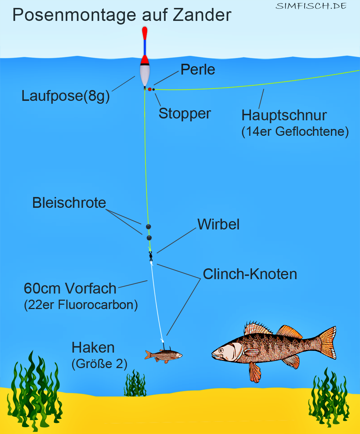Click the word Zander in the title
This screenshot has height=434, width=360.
coord(202,15)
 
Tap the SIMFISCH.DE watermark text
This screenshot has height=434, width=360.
coord(311,6)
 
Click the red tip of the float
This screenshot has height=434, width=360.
coord(144,33)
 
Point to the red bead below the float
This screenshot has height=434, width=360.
coord(150,89)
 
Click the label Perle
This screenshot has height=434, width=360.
coord(198,70)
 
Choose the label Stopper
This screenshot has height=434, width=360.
coord(184,113)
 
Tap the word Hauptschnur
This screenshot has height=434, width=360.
coord(284,115)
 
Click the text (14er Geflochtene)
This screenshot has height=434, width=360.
coord(295,131)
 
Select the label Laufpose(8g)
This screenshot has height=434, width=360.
coord(66,96)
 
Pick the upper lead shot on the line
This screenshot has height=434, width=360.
coord(148,227)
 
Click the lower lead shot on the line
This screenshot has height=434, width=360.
coord(149,238)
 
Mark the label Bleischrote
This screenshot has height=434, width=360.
coord(69,203)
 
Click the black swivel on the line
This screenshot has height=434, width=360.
coord(151,256)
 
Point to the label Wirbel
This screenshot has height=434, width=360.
coord(218,224)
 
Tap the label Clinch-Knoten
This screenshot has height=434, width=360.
coord(250,274)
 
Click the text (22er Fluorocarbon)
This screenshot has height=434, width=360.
coord(81,305)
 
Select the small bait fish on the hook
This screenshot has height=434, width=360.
coord(163,355)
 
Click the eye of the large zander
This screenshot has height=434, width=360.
coord(221,350)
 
